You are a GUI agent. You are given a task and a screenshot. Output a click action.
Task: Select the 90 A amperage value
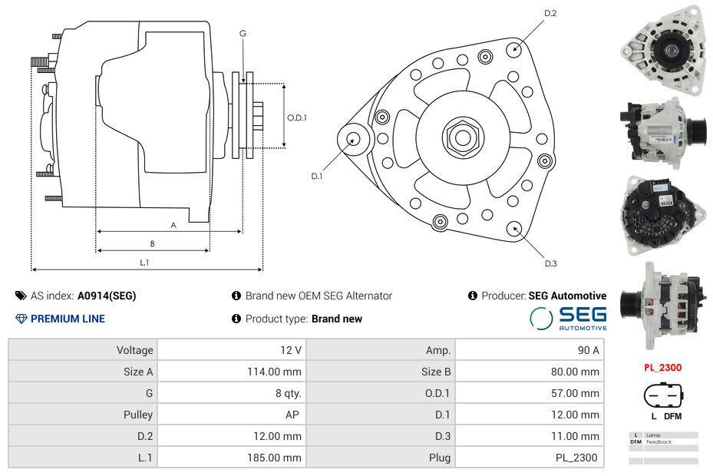point(588,350)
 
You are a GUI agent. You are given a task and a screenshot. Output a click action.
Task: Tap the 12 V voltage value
point(290,350)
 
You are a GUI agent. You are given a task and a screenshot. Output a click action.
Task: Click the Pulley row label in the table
point(138,415)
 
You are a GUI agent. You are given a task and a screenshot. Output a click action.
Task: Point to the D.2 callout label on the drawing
point(550,14)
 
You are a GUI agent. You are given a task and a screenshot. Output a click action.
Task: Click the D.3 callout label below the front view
point(550,263)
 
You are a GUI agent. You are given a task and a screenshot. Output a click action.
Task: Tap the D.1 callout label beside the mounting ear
point(316,176)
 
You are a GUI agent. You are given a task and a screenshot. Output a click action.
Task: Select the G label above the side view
point(243,33)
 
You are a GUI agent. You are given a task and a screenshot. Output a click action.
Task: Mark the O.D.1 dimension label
point(297,118)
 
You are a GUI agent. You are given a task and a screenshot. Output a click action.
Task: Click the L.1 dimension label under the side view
point(144,263)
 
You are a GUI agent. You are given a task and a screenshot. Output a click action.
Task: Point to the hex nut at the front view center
point(462,137)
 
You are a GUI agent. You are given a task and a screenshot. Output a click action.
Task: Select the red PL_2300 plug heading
point(662,368)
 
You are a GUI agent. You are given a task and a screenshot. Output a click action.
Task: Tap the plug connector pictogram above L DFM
point(662,396)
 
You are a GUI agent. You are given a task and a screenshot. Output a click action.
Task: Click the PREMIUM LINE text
point(68,319)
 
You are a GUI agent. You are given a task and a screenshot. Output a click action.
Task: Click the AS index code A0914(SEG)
point(107,296)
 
